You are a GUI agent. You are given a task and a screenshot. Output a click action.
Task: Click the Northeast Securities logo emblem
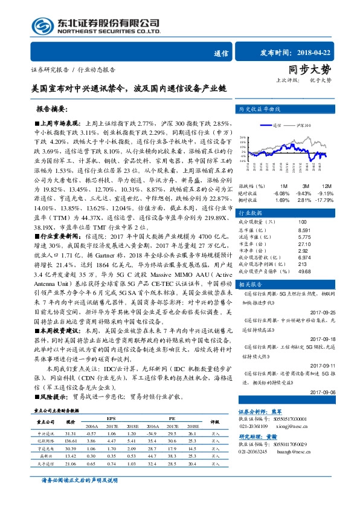[42, 26]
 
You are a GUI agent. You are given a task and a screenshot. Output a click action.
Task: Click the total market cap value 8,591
[304, 230]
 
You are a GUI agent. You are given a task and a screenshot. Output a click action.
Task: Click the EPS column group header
[111, 418]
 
